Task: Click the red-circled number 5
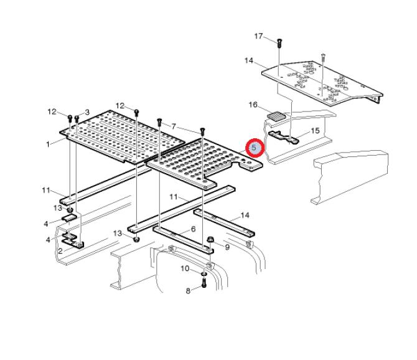[254, 148]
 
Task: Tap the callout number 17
[258, 36]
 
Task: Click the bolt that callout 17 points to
[279, 43]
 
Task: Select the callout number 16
[253, 105]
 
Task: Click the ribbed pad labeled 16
[276, 116]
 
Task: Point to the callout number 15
[315, 131]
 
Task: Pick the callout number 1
[48, 144]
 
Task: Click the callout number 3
[87, 112]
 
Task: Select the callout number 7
[174, 126]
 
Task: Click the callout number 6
[194, 229]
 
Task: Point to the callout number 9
[227, 247]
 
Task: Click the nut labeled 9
[210, 239]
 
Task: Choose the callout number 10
[185, 268]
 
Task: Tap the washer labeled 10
[204, 274]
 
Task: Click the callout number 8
[188, 291]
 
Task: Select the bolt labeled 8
[204, 283]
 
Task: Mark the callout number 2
[60, 251]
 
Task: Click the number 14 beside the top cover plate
[249, 60]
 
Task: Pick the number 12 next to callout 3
[52, 111]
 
